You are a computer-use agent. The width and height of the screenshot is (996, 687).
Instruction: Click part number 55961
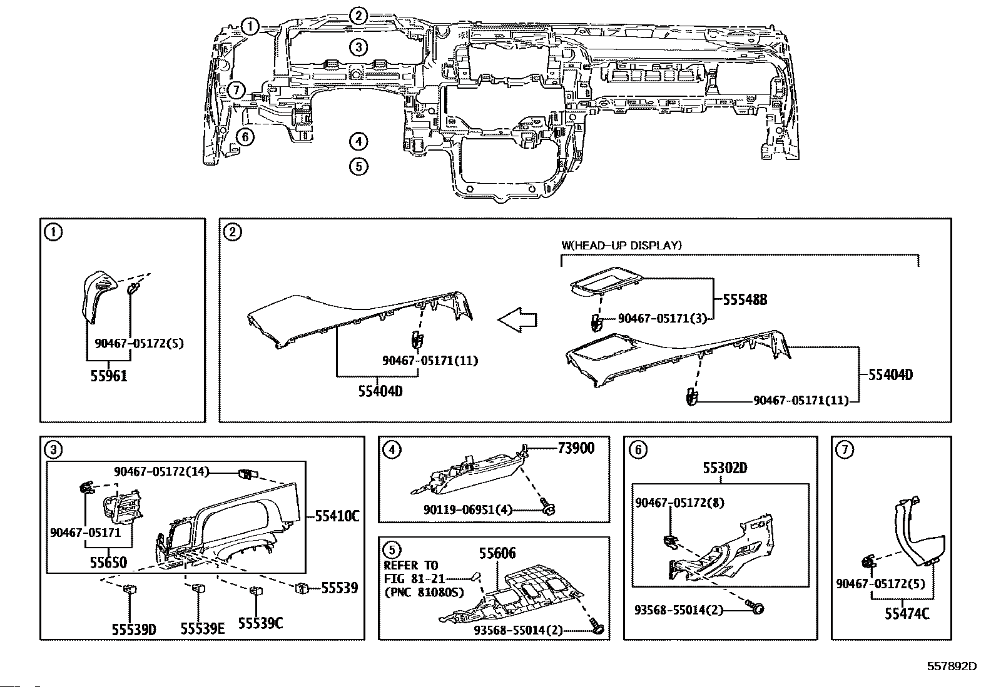(109, 376)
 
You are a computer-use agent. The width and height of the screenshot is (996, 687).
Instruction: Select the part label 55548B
(744, 300)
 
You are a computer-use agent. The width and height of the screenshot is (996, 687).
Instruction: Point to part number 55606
(497, 553)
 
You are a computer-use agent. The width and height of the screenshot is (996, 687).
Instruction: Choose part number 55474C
(907, 614)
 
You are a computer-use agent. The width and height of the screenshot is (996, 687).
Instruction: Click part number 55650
(108, 563)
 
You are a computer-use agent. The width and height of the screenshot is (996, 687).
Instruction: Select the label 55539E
(202, 628)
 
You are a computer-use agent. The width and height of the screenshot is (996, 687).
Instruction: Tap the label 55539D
(134, 628)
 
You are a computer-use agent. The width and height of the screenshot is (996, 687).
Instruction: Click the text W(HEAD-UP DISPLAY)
(621, 246)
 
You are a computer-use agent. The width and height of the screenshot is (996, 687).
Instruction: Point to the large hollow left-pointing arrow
(517, 319)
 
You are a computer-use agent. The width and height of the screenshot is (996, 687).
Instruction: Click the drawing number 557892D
(952, 666)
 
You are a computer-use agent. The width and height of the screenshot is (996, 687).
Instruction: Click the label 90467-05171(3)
(662, 319)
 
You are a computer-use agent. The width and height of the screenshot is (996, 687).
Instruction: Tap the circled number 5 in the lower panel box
(392, 550)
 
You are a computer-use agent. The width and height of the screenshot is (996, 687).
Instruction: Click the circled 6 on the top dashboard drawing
(245, 136)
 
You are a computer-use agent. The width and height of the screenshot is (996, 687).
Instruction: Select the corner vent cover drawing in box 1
(98, 295)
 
